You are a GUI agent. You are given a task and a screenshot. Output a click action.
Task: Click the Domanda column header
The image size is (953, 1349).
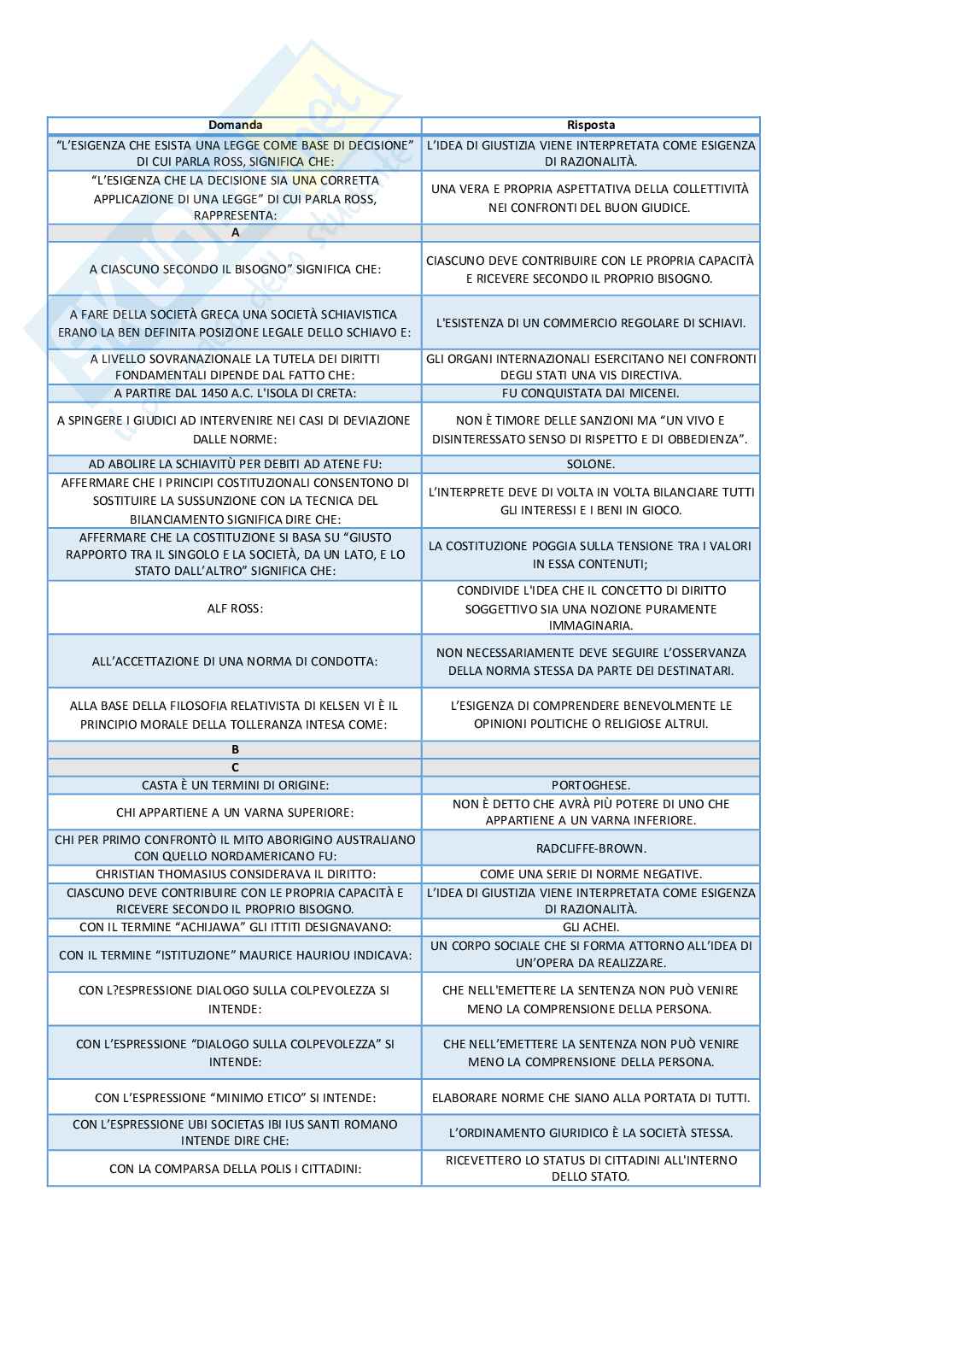235,126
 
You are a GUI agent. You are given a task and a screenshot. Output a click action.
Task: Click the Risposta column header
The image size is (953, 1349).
590,126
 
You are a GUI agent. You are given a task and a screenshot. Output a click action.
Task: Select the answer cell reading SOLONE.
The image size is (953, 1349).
590,465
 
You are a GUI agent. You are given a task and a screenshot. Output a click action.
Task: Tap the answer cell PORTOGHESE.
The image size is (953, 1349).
590,785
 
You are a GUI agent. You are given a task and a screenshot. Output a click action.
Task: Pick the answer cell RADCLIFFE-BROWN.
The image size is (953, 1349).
590,848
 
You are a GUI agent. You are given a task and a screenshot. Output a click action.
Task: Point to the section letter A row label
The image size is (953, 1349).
235,232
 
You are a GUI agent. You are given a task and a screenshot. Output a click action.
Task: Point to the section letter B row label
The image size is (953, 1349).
235,750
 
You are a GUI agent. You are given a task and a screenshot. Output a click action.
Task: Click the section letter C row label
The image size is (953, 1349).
235,767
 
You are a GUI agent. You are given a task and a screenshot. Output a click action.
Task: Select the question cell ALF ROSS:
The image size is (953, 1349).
235,608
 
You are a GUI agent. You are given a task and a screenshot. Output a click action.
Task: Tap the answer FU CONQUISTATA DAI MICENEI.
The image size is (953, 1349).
590,394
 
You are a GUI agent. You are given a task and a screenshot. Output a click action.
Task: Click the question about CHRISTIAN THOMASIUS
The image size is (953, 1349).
235,875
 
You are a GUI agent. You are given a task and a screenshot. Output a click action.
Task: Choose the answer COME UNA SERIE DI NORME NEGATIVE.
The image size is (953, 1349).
590,875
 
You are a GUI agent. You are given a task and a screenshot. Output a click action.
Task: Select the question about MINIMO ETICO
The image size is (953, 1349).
235,1098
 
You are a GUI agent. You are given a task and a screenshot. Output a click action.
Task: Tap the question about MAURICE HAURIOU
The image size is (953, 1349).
235,955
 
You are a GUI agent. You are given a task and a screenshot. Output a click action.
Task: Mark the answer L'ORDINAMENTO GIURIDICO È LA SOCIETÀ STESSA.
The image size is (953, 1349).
590,1134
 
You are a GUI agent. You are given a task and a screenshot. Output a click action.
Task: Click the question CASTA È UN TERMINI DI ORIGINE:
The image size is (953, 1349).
235,785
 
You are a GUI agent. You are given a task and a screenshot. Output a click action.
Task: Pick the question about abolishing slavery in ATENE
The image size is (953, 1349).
235,465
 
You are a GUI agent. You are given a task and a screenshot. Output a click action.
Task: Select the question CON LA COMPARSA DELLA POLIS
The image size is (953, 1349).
235,1169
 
